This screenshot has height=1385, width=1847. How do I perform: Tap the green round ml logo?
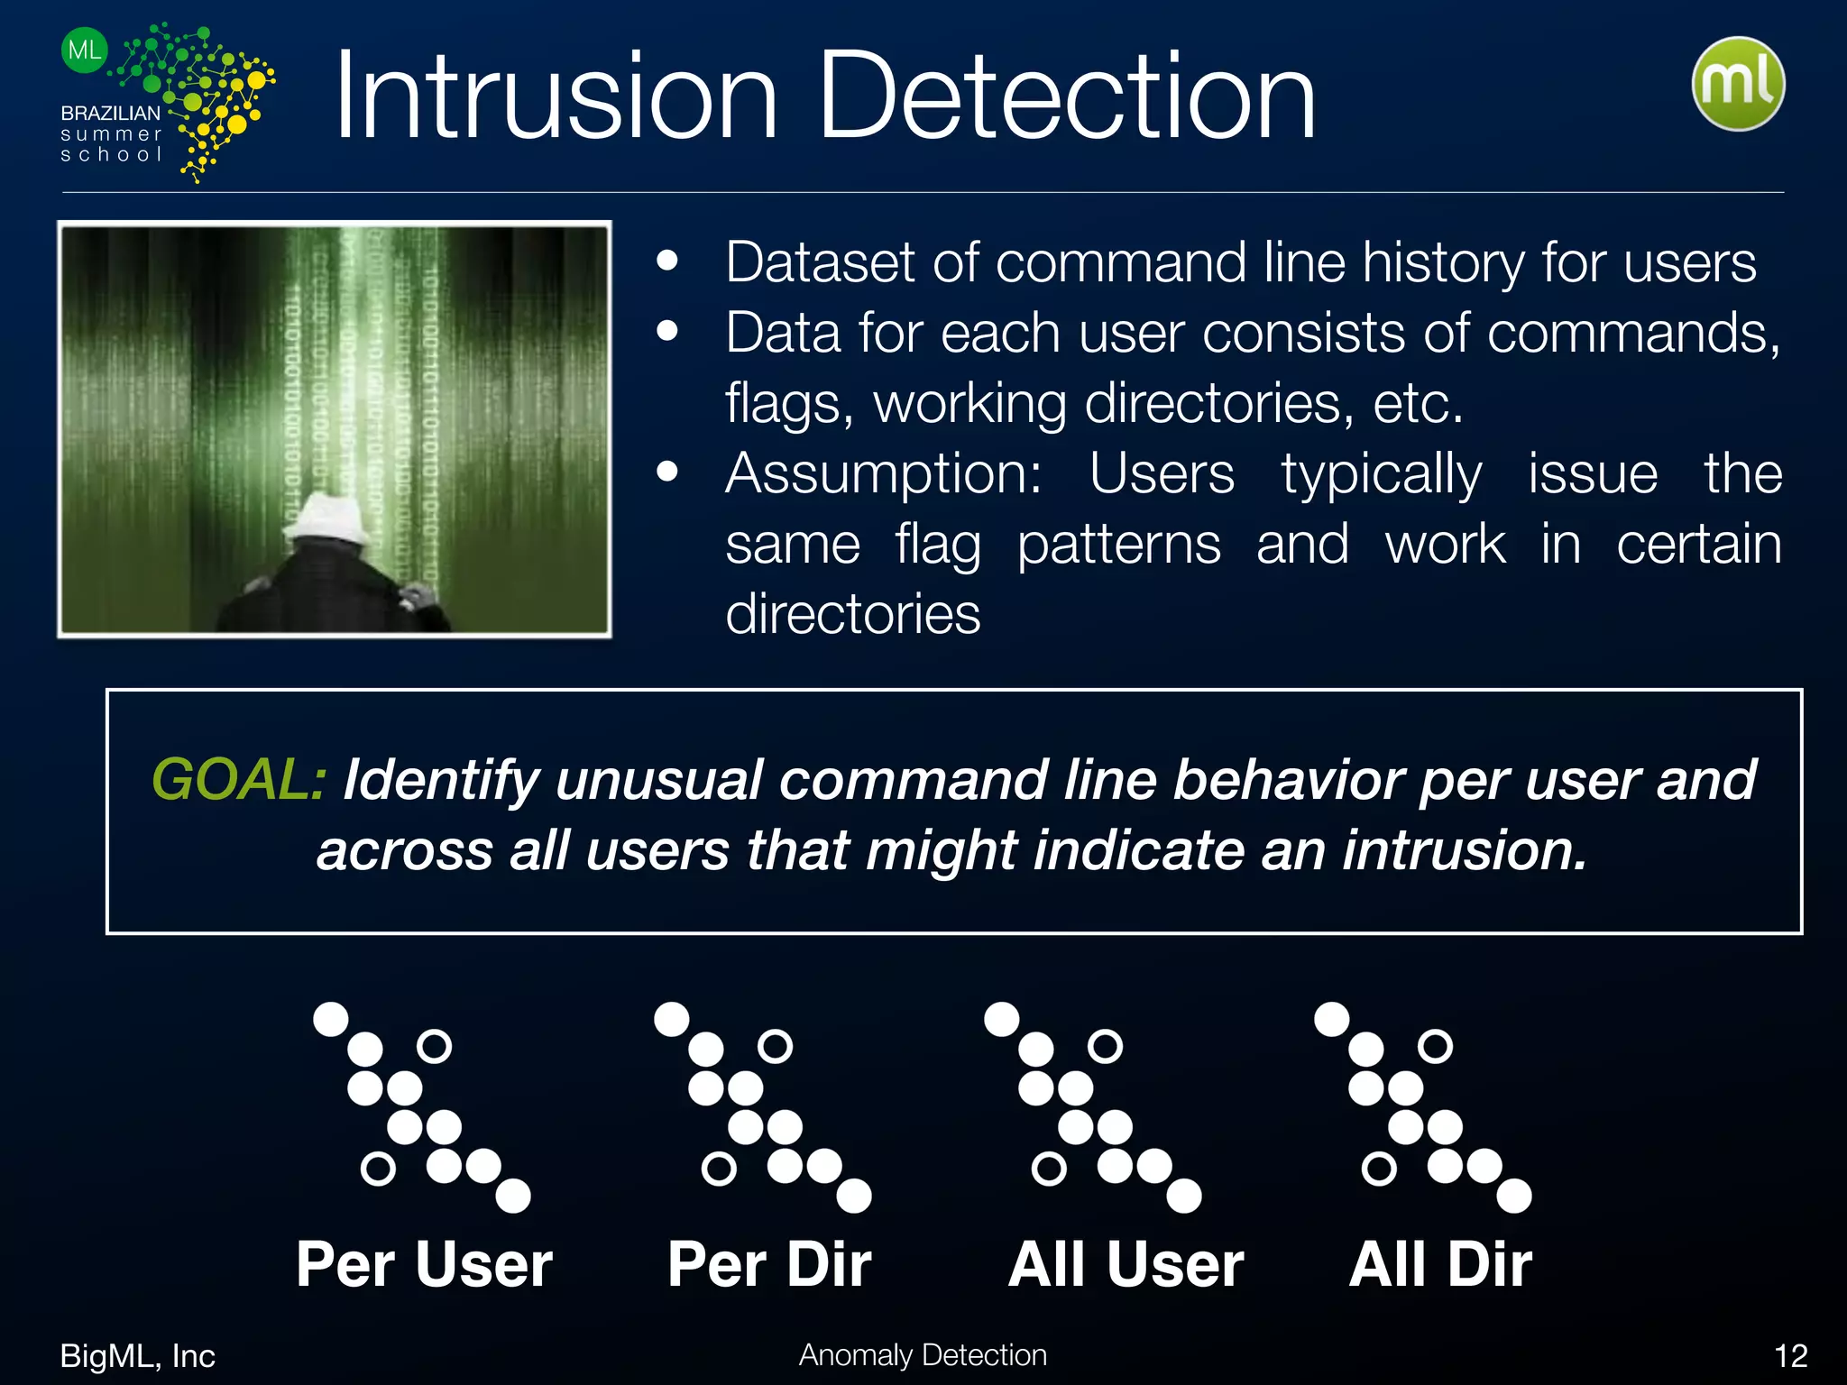pyautogui.click(x=1738, y=84)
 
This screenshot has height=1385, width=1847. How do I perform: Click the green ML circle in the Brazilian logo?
pyautogui.click(x=85, y=50)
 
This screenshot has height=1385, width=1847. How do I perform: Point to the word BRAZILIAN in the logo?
pyautogui.click(x=110, y=114)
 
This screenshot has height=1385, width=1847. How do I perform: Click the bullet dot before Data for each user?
pyautogui.click(x=667, y=331)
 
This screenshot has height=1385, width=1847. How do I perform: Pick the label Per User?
pyautogui.click(x=424, y=1264)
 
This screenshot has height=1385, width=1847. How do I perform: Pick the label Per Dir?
pyautogui.click(x=769, y=1264)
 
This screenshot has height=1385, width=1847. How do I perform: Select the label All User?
pyautogui.click(x=1126, y=1264)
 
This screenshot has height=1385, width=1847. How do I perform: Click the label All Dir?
pyautogui.click(x=1440, y=1264)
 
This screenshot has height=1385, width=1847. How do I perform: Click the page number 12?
pyautogui.click(x=1790, y=1356)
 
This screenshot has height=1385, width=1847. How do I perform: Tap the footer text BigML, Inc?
pyautogui.click(x=137, y=1356)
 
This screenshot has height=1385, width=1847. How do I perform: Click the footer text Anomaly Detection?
pyautogui.click(x=923, y=1355)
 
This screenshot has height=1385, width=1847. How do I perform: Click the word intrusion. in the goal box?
pyautogui.click(x=1465, y=850)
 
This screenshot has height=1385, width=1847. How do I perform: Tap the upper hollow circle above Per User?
pyautogui.click(x=434, y=1046)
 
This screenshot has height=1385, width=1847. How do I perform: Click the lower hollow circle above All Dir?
pyautogui.click(x=1379, y=1169)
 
